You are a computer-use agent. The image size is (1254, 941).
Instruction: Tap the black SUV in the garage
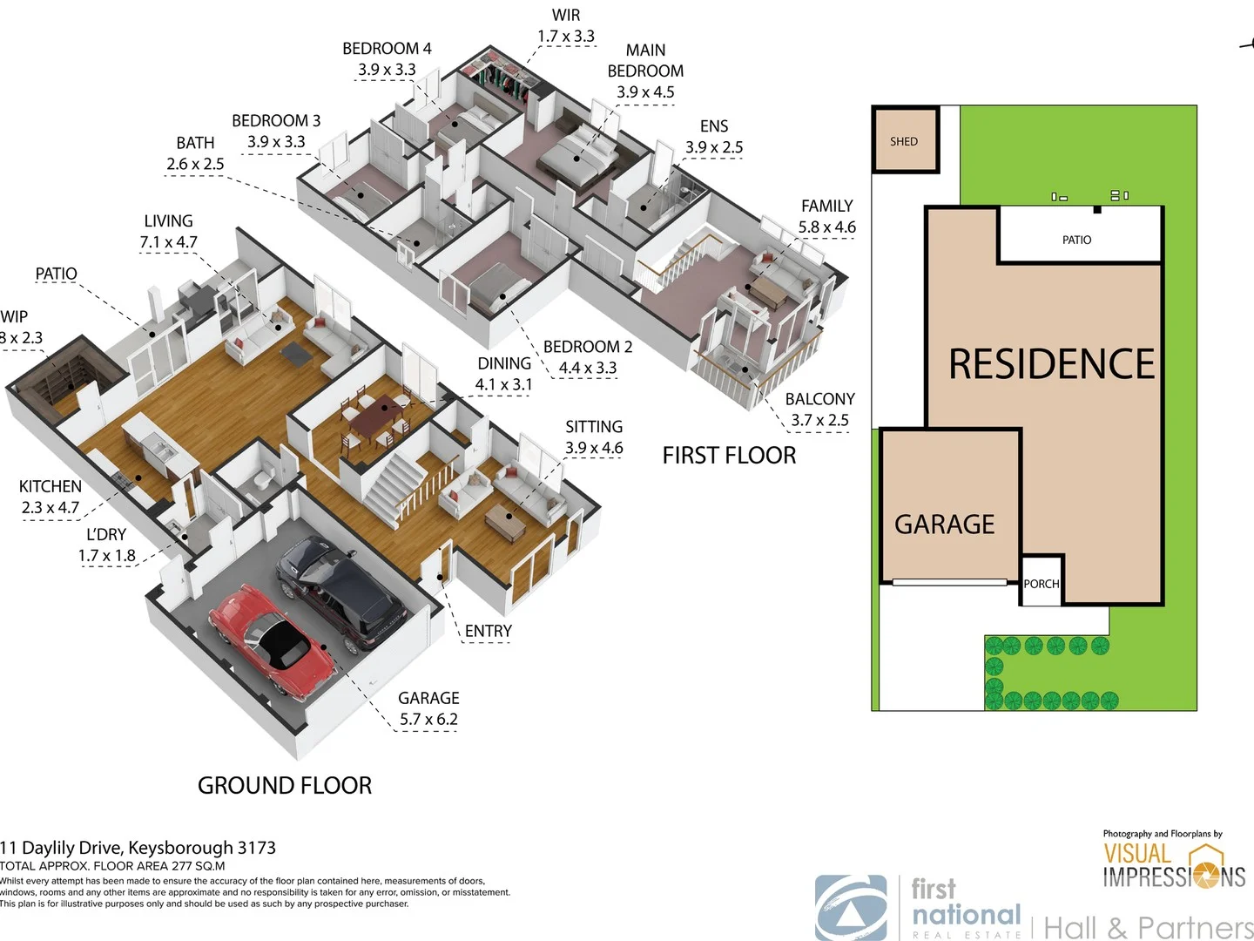coord(341,590)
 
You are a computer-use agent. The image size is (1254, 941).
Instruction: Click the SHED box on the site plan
coord(905,141)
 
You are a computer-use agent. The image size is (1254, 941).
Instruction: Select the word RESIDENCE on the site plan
coord(1051,364)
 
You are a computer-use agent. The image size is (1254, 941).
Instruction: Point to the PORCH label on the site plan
coord(1042,584)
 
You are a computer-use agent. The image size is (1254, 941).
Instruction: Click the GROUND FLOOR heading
coord(285,786)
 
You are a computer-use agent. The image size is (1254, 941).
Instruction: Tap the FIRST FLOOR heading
coord(729,456)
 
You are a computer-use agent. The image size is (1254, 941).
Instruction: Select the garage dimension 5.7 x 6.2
coord(428,720)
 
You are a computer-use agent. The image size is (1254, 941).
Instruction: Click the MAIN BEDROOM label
coord(645,61)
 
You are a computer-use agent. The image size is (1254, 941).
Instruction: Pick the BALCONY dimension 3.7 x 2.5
coord(819,420)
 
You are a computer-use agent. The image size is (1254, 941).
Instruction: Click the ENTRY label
coord(488,631)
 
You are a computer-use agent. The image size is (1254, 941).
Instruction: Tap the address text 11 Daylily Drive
coord(138,848)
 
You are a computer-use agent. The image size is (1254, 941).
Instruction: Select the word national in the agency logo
coord(967,915)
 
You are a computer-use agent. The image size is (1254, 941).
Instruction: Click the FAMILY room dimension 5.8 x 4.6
coord(826,227)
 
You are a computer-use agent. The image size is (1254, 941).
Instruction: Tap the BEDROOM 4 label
coord(387,49)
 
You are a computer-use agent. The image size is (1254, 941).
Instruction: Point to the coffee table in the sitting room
coord(505,521)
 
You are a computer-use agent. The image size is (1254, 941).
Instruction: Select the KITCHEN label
coord(51,486)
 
